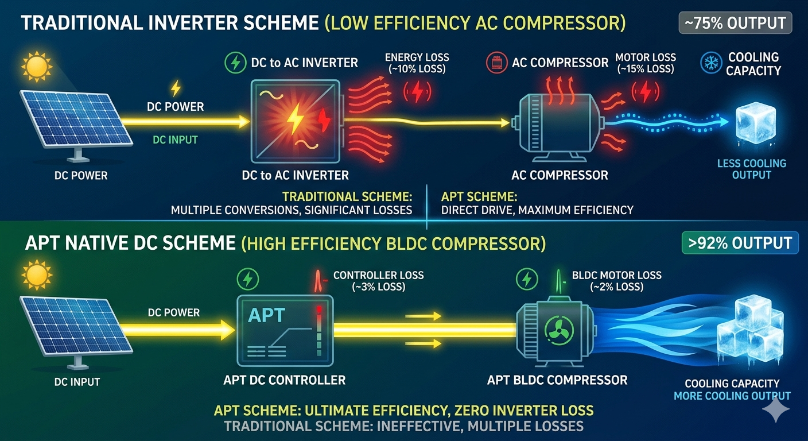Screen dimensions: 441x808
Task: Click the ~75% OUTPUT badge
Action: coord(735,24)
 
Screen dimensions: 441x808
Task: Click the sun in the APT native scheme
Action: coord(35,277)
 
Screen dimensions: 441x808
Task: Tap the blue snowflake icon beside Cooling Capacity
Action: coord(711,64)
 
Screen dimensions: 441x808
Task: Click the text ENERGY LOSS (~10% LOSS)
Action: coord(417,63)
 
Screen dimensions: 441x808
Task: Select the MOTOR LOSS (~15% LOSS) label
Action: coord(646,63)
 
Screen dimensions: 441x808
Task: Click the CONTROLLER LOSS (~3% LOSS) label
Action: coord(378,281)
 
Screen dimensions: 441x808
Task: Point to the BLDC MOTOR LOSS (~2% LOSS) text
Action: coord(617,281)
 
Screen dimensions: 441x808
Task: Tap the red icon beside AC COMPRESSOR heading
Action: coord(496,63)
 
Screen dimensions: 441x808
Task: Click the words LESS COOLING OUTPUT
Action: coord(752,169)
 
